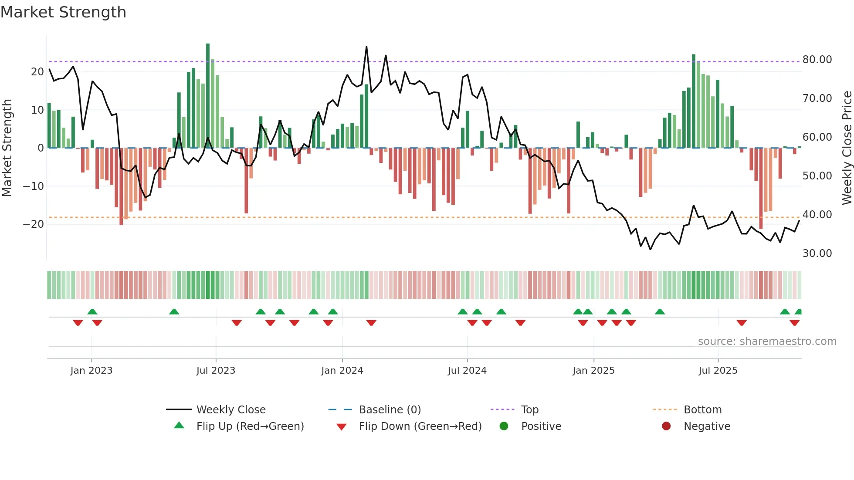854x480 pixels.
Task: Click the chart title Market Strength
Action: point(63,12)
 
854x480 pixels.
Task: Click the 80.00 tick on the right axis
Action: point(817,60)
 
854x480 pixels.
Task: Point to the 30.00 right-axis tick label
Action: point(817,254)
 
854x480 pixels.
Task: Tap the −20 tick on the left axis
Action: point(34,224)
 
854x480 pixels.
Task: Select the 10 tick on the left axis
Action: point(37,110)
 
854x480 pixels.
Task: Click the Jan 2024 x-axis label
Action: point(342,371)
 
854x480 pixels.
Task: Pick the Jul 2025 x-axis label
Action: point(718,371)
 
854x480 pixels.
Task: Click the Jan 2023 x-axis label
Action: point(91,371)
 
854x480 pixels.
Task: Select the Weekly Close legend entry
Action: point(230,410)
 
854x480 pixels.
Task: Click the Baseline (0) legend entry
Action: point(390,410)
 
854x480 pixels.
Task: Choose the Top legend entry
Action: point(529,410)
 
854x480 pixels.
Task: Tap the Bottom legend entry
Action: point(702,410)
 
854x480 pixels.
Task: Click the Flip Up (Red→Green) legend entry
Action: point(250,426)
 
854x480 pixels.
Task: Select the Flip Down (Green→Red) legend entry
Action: point(420,426)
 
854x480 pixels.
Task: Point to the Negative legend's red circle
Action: point(666,426)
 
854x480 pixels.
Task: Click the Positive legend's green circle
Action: point(504,426)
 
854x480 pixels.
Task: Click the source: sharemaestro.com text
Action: point(767,341)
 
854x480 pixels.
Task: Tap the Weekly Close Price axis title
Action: point(847,148)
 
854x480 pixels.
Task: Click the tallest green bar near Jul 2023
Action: point(208,96)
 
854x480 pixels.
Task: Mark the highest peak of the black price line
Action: point(366,47)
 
